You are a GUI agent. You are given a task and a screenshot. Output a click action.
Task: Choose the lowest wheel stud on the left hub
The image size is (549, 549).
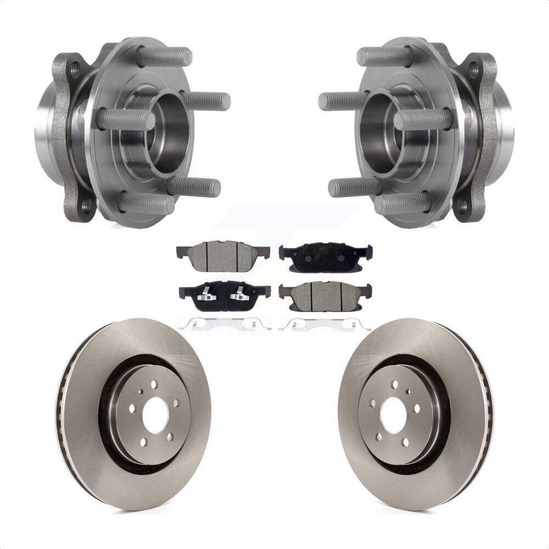[146, 203]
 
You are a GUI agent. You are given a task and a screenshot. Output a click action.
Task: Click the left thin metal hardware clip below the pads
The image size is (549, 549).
[226, 325]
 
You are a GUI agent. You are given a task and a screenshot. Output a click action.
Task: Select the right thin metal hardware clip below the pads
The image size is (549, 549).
[323, 324]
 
